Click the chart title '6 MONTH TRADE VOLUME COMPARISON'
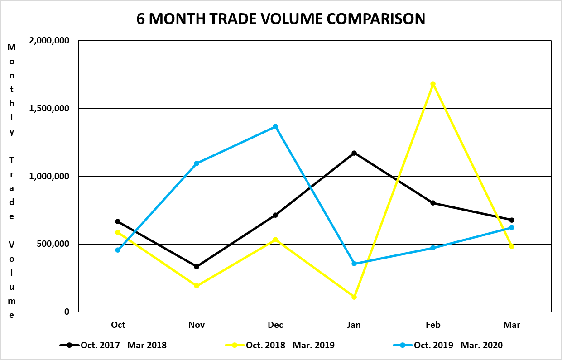[281, 19]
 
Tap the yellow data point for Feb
[433, 84]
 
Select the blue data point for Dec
[275, 126]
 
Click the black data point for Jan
[354, 153]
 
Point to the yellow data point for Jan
[354, 297]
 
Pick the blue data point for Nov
[197, 163]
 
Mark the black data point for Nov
[197, 267]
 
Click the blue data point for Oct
[118, 250]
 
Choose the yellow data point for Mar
[512, 246]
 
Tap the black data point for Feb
[433, 203]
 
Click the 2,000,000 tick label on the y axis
[49, 41]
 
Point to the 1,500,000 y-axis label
[49, 109]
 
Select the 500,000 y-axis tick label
[53, 244]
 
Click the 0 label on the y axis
[67, 312]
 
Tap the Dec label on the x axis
[275, 325]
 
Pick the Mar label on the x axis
[512, 325]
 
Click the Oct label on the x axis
[118, 325]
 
